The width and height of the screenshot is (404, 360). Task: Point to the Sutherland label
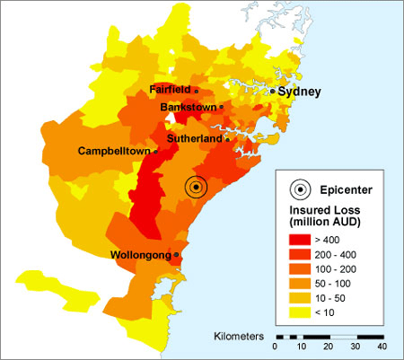tap(194, 140)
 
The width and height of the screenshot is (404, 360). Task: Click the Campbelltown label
tap(115, 151)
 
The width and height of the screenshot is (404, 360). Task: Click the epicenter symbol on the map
tap(196, 187)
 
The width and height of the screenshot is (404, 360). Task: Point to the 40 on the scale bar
tap(382, 347)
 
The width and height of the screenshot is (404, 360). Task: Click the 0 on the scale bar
tap(276, 347)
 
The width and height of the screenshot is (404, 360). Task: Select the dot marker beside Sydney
tap(272, 92)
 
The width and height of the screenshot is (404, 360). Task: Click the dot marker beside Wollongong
tap(177, 255)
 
